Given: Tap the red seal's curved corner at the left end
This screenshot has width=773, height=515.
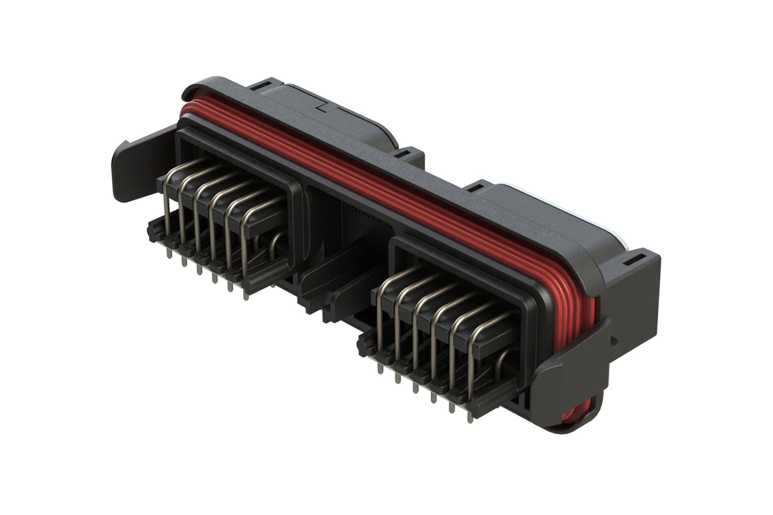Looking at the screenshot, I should pos(185,110).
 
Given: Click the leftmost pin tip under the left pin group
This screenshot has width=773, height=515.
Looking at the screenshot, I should pos(169,255).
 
